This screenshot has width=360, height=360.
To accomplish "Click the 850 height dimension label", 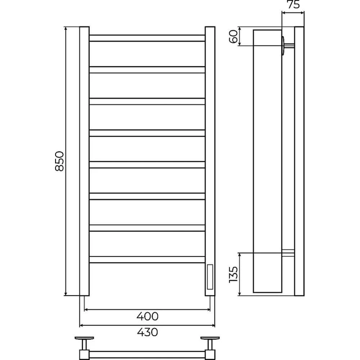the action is coord(59,161).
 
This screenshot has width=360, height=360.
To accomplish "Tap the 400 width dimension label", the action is coord(147,316).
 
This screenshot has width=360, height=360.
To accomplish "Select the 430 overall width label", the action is coord(147,332).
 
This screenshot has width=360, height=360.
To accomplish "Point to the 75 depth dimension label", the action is coord(293,4).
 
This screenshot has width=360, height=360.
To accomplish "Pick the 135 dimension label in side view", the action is coord(233,275).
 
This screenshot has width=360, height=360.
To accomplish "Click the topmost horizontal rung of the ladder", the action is coord(147,38).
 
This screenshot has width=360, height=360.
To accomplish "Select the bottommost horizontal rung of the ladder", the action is coord(147,260).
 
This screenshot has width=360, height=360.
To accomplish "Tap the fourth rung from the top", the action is coord(147,133).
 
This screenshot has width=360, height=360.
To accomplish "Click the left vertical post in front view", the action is coord(84,161).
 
